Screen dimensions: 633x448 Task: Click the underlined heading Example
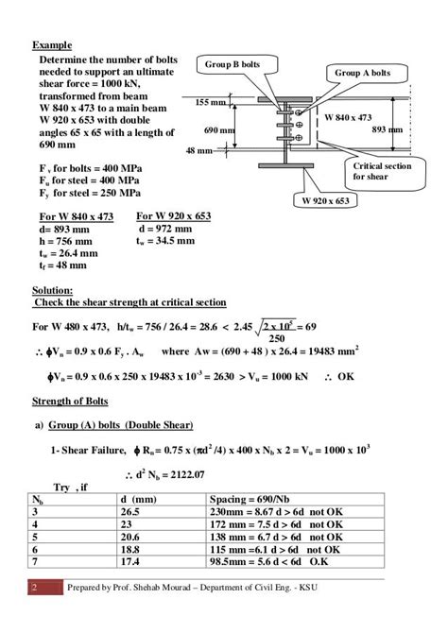(53, 45)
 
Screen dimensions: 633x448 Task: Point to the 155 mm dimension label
(211, 101)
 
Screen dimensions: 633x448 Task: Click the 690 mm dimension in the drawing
(218, 129)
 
